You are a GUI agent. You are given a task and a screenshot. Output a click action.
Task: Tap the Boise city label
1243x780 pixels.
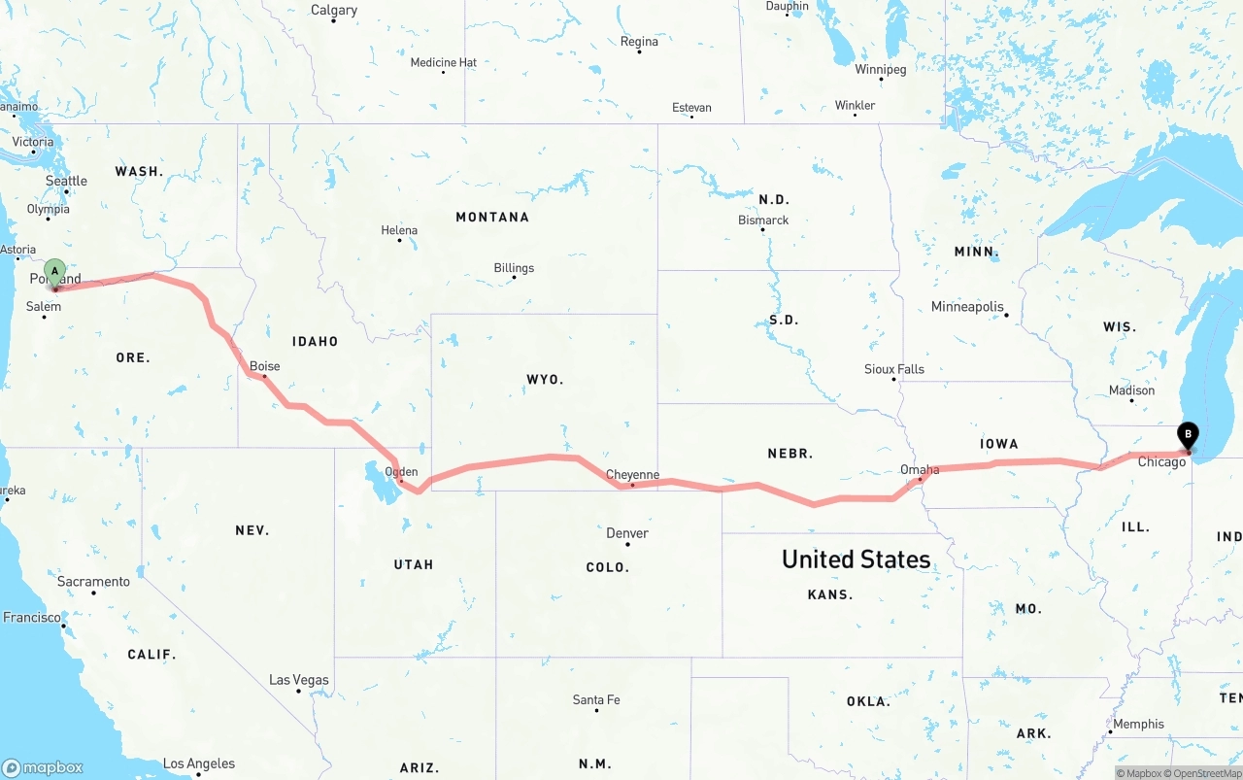(x=264, y=366)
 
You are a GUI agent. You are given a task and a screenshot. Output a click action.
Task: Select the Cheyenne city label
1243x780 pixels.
(x=632, y=475)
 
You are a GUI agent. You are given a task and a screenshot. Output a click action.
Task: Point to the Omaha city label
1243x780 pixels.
(x=919, y=470)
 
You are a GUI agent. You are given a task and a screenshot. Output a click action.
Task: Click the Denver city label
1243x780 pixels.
(x=627, y=533)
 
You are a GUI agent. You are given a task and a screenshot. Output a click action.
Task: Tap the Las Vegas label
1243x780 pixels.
(x=299, y=680)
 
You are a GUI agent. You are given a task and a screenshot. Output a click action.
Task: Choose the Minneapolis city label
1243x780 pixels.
(x=967, y=307)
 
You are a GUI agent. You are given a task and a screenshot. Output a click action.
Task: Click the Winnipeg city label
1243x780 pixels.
(x=880, y=70)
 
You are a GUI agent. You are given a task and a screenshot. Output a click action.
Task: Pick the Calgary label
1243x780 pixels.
(x=334, y=11)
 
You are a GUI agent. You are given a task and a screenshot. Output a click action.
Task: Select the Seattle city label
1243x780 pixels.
(x=66, y=181)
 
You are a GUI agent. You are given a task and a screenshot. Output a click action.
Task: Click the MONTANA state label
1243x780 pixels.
(x=492, y=217)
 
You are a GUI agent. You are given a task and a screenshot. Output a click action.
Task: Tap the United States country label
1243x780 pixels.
(x=856, y=560)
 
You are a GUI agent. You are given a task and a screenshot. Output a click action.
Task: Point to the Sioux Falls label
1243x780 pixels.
(x=894, y=369)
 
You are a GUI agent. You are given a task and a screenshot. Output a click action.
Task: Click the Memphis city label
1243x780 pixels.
(x=1138, y=724)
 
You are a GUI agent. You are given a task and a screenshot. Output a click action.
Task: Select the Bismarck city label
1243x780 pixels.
(x=763, y=220)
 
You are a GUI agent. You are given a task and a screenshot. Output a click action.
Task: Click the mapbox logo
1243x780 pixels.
(x=43, y=767)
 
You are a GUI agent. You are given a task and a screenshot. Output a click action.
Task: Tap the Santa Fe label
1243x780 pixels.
(x=596, y=699)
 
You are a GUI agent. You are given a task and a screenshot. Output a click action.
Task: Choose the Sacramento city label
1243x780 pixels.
(x=93, y=582)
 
